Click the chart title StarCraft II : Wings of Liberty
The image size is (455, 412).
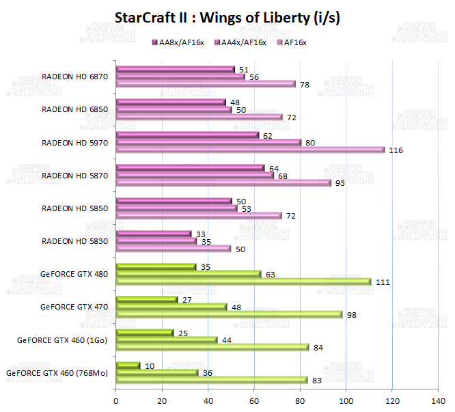click(x=227, y=18)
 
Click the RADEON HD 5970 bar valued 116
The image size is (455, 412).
click(x=250, y=150)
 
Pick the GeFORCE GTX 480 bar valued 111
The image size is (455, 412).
click(x=243, y=281)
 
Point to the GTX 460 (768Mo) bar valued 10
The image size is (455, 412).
click(x=128, y=366)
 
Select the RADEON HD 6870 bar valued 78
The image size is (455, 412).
click(x=206, y=84)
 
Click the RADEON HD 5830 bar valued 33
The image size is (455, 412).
click(x=154, y=234)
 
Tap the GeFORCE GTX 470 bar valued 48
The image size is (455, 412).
click(x=171, y=307)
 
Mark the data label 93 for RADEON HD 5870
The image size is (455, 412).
click(x=340, y=183)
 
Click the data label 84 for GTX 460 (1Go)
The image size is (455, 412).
click(x=319, y=347)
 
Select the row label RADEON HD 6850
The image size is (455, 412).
click(x=72, y=109)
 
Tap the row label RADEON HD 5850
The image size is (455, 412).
click(x=72, y=208)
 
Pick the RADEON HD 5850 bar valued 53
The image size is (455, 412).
click(x=177, y=208)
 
